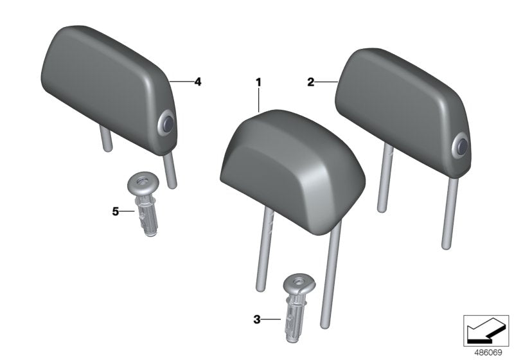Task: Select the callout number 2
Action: click(x=310, y=82)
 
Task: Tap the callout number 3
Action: click(x=256, y=318)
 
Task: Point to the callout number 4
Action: click(x=198, y=82)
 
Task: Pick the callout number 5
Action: click(x=116, y=210)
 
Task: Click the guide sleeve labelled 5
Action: click(x=145, y=206)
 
